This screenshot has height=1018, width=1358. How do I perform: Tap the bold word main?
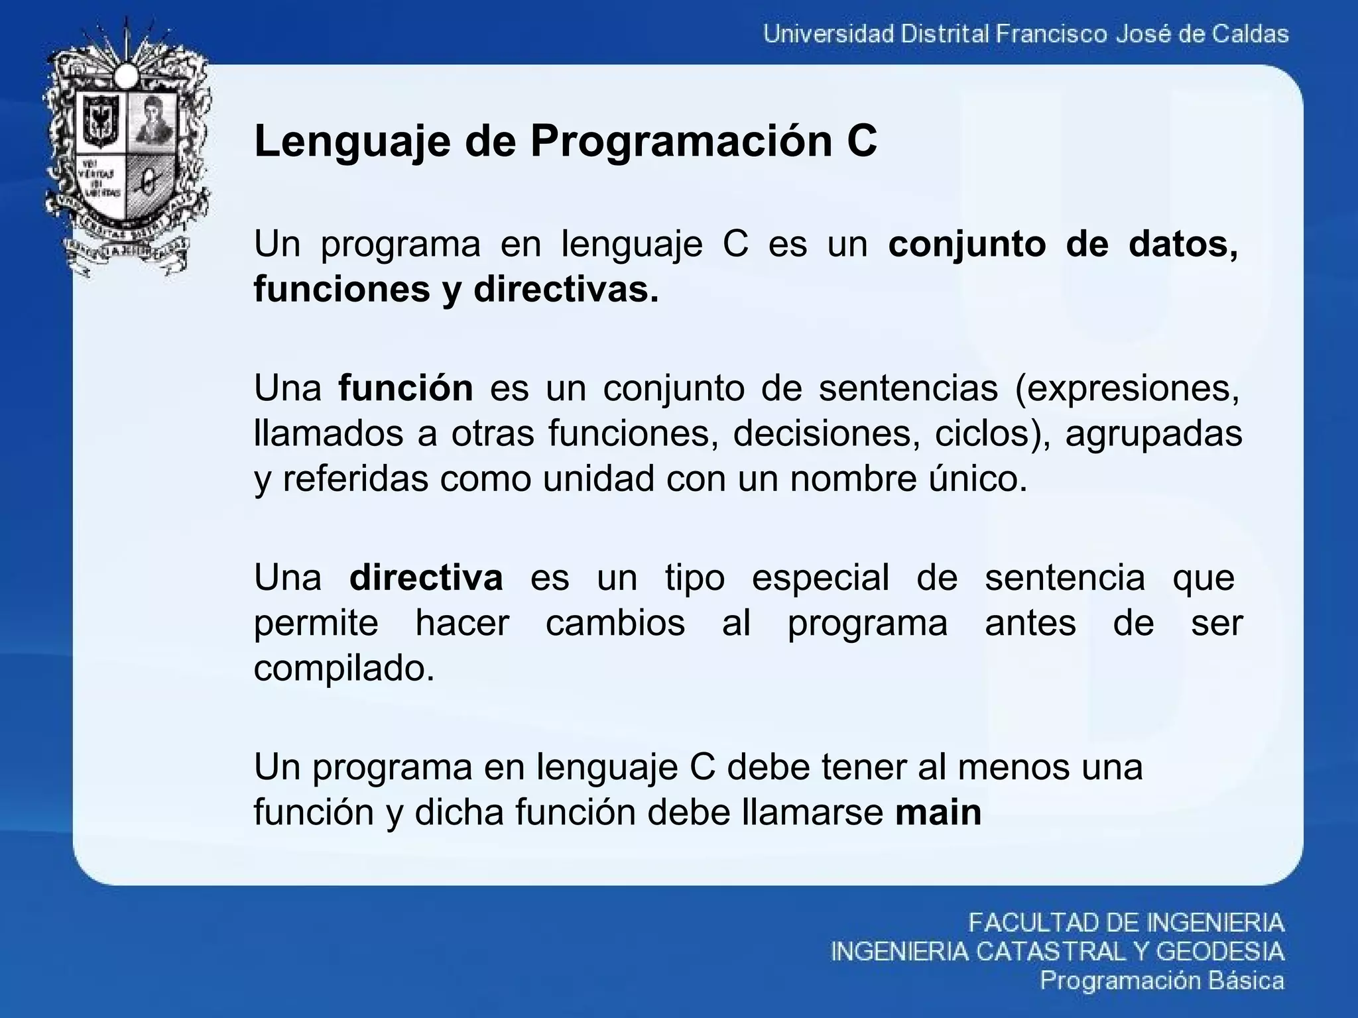pos(938,812)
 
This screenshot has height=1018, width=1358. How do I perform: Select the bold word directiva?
pos(426,577)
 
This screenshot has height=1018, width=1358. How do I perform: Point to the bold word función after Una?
pos(405,388)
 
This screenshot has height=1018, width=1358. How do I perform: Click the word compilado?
pos(344,668)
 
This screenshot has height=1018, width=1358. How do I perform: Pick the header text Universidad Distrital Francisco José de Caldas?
pos(1026,34)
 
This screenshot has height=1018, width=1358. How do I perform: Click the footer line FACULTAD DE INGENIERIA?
pos(1126,923)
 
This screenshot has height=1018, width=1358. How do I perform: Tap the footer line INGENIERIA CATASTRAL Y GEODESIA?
pos(1057,952)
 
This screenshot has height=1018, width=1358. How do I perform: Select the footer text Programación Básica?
pos(1162,981)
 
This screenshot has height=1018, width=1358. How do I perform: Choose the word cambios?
pos(615,623)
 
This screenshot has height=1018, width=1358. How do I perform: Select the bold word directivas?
pos(566,290)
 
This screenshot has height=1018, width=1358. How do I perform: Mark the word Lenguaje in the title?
pos(352,142)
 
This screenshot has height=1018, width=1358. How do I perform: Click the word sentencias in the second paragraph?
pos(908,388)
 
